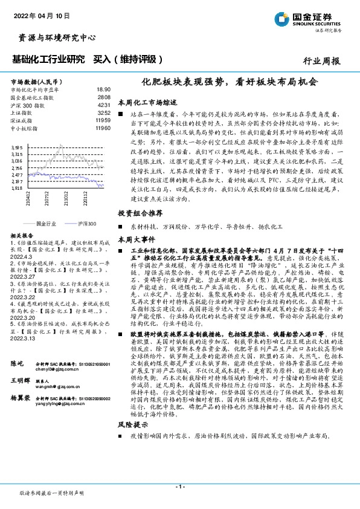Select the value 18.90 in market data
tap(104, 89)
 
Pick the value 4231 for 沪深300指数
tap(104, 105)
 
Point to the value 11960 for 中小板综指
tap(103, 128)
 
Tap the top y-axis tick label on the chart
tap(18, 147)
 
